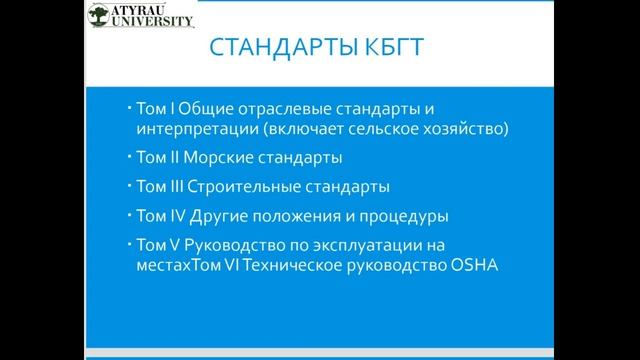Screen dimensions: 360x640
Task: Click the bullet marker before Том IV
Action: [130, 215]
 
